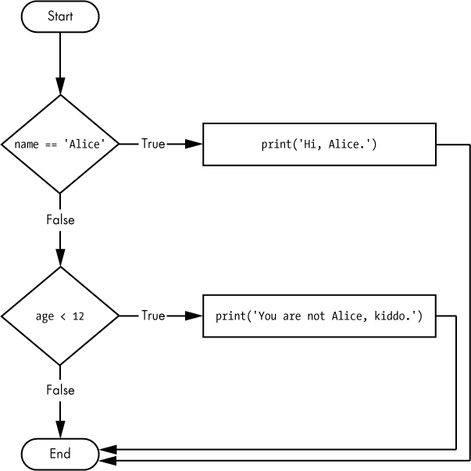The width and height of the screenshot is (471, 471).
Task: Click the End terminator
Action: click(x=60, y=454)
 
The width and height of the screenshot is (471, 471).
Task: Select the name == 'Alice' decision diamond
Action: click(x=60, y=144)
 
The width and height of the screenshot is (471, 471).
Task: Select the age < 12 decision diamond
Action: click(x=60, y=316)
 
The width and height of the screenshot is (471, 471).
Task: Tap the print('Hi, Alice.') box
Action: click(x=319, y=144)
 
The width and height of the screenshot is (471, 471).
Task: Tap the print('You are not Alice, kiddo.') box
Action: click(x=319, y=316)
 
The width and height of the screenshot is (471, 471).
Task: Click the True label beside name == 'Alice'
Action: click(x=153, y=144)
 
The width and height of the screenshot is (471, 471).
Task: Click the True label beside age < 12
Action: click(x=153, y=316)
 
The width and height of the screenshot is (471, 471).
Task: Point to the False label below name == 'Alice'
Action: click(x=60, y=219)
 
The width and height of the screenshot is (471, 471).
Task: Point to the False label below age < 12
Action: click(x=60, y=390)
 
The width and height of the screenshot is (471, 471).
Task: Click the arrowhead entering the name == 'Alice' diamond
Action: click(x=60, y=87)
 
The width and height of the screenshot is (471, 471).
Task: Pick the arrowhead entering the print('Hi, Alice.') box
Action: click(x=194, y=144)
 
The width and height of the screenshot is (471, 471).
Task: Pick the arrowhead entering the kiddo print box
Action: click(x=194, y=316)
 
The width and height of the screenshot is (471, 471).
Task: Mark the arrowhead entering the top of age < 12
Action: click(x=60, y=259)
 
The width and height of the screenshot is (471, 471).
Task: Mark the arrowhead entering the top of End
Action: click(x=60, y=430)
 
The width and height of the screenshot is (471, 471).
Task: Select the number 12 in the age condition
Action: click(x=78, y=316)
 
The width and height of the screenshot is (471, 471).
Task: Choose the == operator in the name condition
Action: click(x=50, y=145)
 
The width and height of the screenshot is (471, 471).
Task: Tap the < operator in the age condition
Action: click(x=62, y=316)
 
